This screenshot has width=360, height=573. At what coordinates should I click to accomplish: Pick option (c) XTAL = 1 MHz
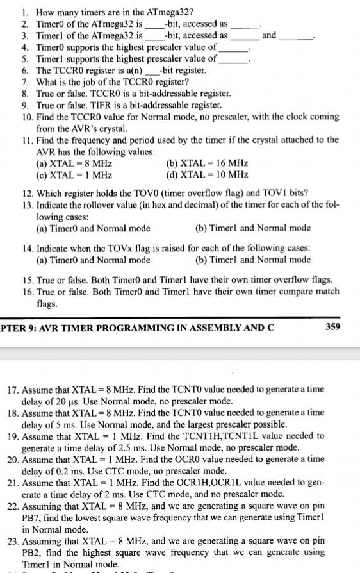[x=75, y=175]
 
